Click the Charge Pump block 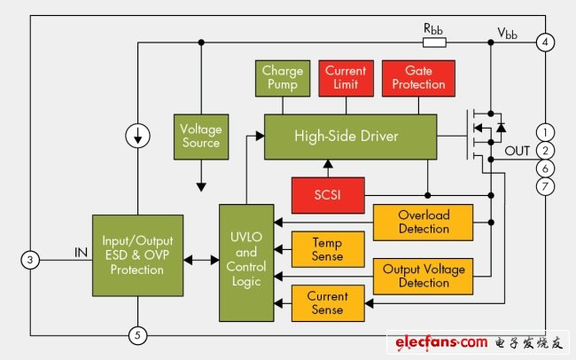(x=283, y=77)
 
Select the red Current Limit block (x=345, y=77)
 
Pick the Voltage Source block (x=199, y=136)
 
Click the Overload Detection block (x=423, y=222)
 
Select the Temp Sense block (x=315, y=247)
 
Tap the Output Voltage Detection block (x=423, y=275)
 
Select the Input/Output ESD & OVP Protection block (x=137, y=254)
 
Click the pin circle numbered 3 (x=29, y=260)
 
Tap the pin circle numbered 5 (x=136, y=335)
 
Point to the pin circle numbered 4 (x=546, y=42)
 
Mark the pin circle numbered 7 (x=546, y=186)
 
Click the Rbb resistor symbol (x=434, y=42)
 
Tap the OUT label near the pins (x=517, y=151)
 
